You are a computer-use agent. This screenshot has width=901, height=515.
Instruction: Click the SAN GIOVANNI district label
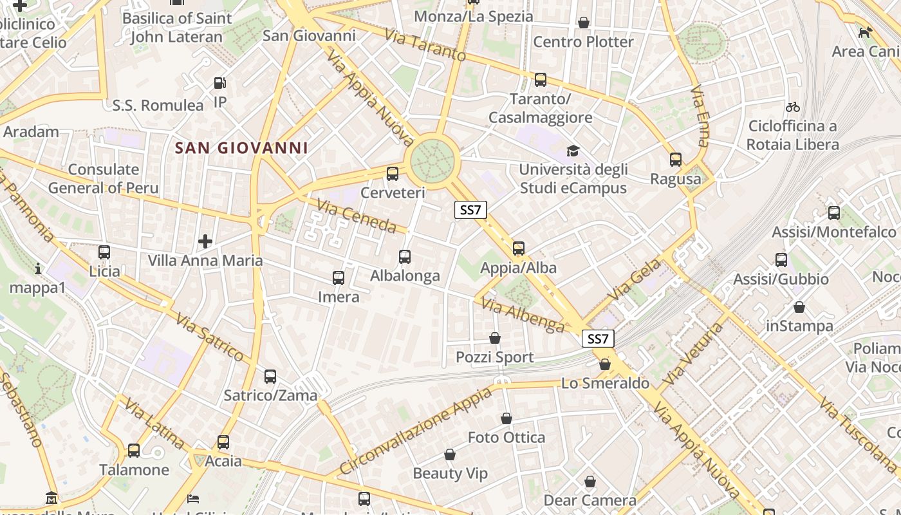pyautogui.click(x=241, y=148)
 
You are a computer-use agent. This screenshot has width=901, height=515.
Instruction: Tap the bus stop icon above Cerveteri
pyautogui.click(x=392, y=173)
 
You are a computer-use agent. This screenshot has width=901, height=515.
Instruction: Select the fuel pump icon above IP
pyautogui.click(x=219, y=83)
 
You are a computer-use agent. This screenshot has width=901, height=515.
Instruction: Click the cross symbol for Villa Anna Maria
pyautogui.click(x=205, y=241)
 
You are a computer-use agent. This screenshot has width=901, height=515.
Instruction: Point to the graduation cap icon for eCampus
pyautogui.click(x=573, y=151)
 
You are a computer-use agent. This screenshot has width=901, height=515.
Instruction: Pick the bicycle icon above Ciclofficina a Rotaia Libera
pyautogui.click(x=792, y=107)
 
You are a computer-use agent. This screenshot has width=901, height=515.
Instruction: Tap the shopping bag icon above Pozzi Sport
pyautogui.click(x=495, y=338)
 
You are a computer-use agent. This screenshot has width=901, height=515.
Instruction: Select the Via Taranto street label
pyautogui.click(x=425, y=45)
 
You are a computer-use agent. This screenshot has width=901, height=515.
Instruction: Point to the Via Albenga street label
pyautogui.click(x=523, y=316)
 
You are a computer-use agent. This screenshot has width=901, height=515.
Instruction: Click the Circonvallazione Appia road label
pyautogui.click(x=414, y=430)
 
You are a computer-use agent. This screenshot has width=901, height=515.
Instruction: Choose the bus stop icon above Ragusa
pyautogui.click(x=675, y=160)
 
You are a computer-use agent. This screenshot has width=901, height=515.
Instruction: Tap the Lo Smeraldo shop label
pyautogui.click(x=605, y=384)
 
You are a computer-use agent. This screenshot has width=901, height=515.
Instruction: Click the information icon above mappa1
pyautogui.click(x=38, y=268)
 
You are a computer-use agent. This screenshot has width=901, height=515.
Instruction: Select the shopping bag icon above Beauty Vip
pyautogui.click(x=450, y=455)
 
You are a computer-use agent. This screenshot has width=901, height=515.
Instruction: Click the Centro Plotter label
pyautogui.click(x=583, y=42)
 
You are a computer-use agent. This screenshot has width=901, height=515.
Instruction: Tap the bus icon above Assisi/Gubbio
pyautogui.click(x=781, y=260)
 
